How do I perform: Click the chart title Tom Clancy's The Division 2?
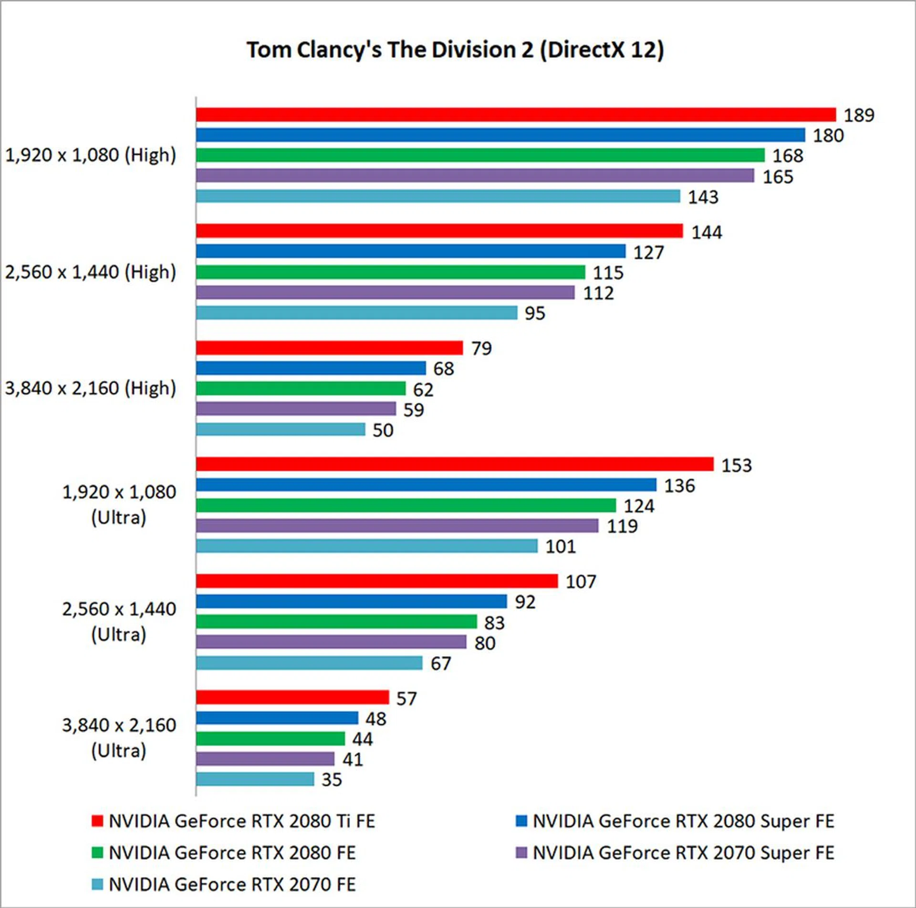point(455,50)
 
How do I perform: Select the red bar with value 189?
point(515,115)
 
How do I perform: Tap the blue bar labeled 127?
point(410,251)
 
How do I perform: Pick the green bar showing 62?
point(301,389)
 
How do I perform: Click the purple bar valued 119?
point(397,526)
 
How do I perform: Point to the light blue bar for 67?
point(309,663)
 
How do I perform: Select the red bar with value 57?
point(292,697)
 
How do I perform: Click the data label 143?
point(703,197)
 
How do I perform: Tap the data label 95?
point(535,314)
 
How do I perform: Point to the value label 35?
point(332,780)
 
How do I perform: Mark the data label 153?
point(736,465)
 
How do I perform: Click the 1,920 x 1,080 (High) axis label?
point(91,155)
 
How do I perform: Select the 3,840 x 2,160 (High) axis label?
point(91,388)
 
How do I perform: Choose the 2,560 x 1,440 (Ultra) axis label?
point(119,622)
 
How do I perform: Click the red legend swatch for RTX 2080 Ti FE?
point(97,821)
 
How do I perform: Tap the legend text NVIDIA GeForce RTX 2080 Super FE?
point(683,821)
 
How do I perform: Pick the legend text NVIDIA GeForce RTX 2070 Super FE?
point(683,853)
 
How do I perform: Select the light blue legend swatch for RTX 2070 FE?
point(97,884)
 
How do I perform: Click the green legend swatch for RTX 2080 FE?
point(97,853)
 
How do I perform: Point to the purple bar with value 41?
point(265,759)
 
